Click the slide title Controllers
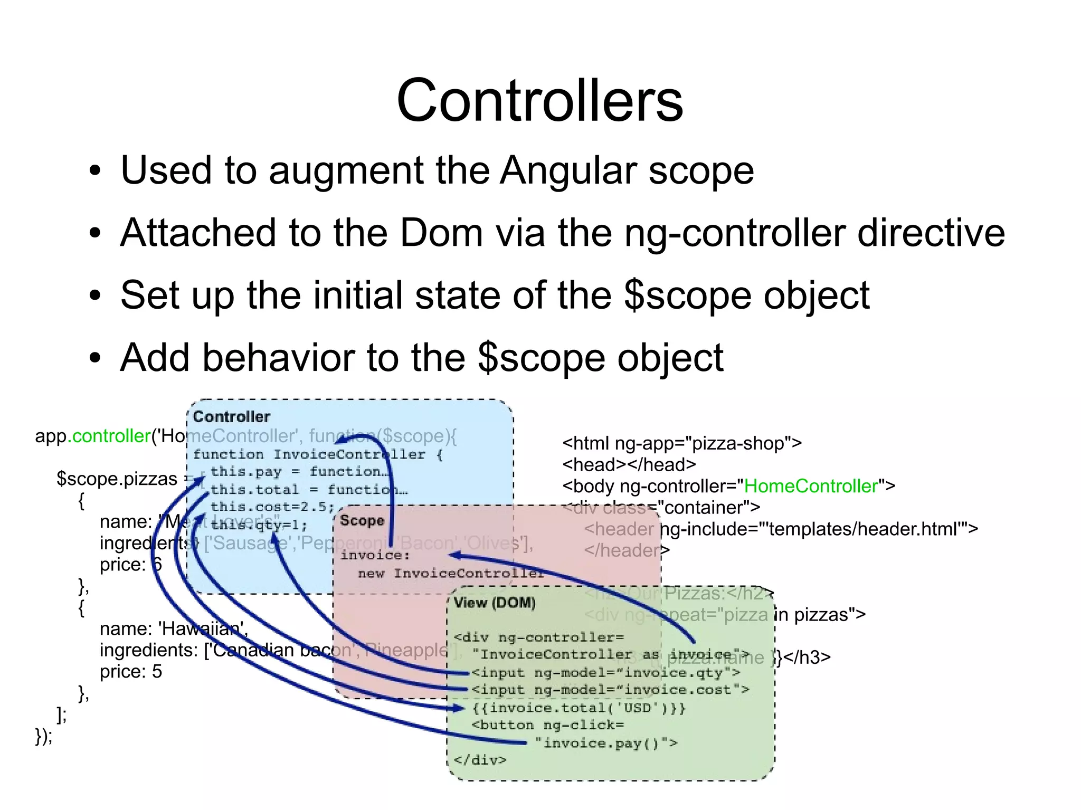[x=539, y=100]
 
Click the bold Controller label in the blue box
[x=231, y=417]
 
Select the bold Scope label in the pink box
[x=362, y=521]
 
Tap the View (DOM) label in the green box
[x=495, y=603]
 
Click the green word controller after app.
[x=111, y=436]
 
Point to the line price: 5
[x=131, y=672]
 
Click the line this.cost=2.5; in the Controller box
[x=272, y=507]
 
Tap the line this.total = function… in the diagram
[x=309, y=490]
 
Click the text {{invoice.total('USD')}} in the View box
[x=579, y=708]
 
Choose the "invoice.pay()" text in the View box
[x=606, y=744]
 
